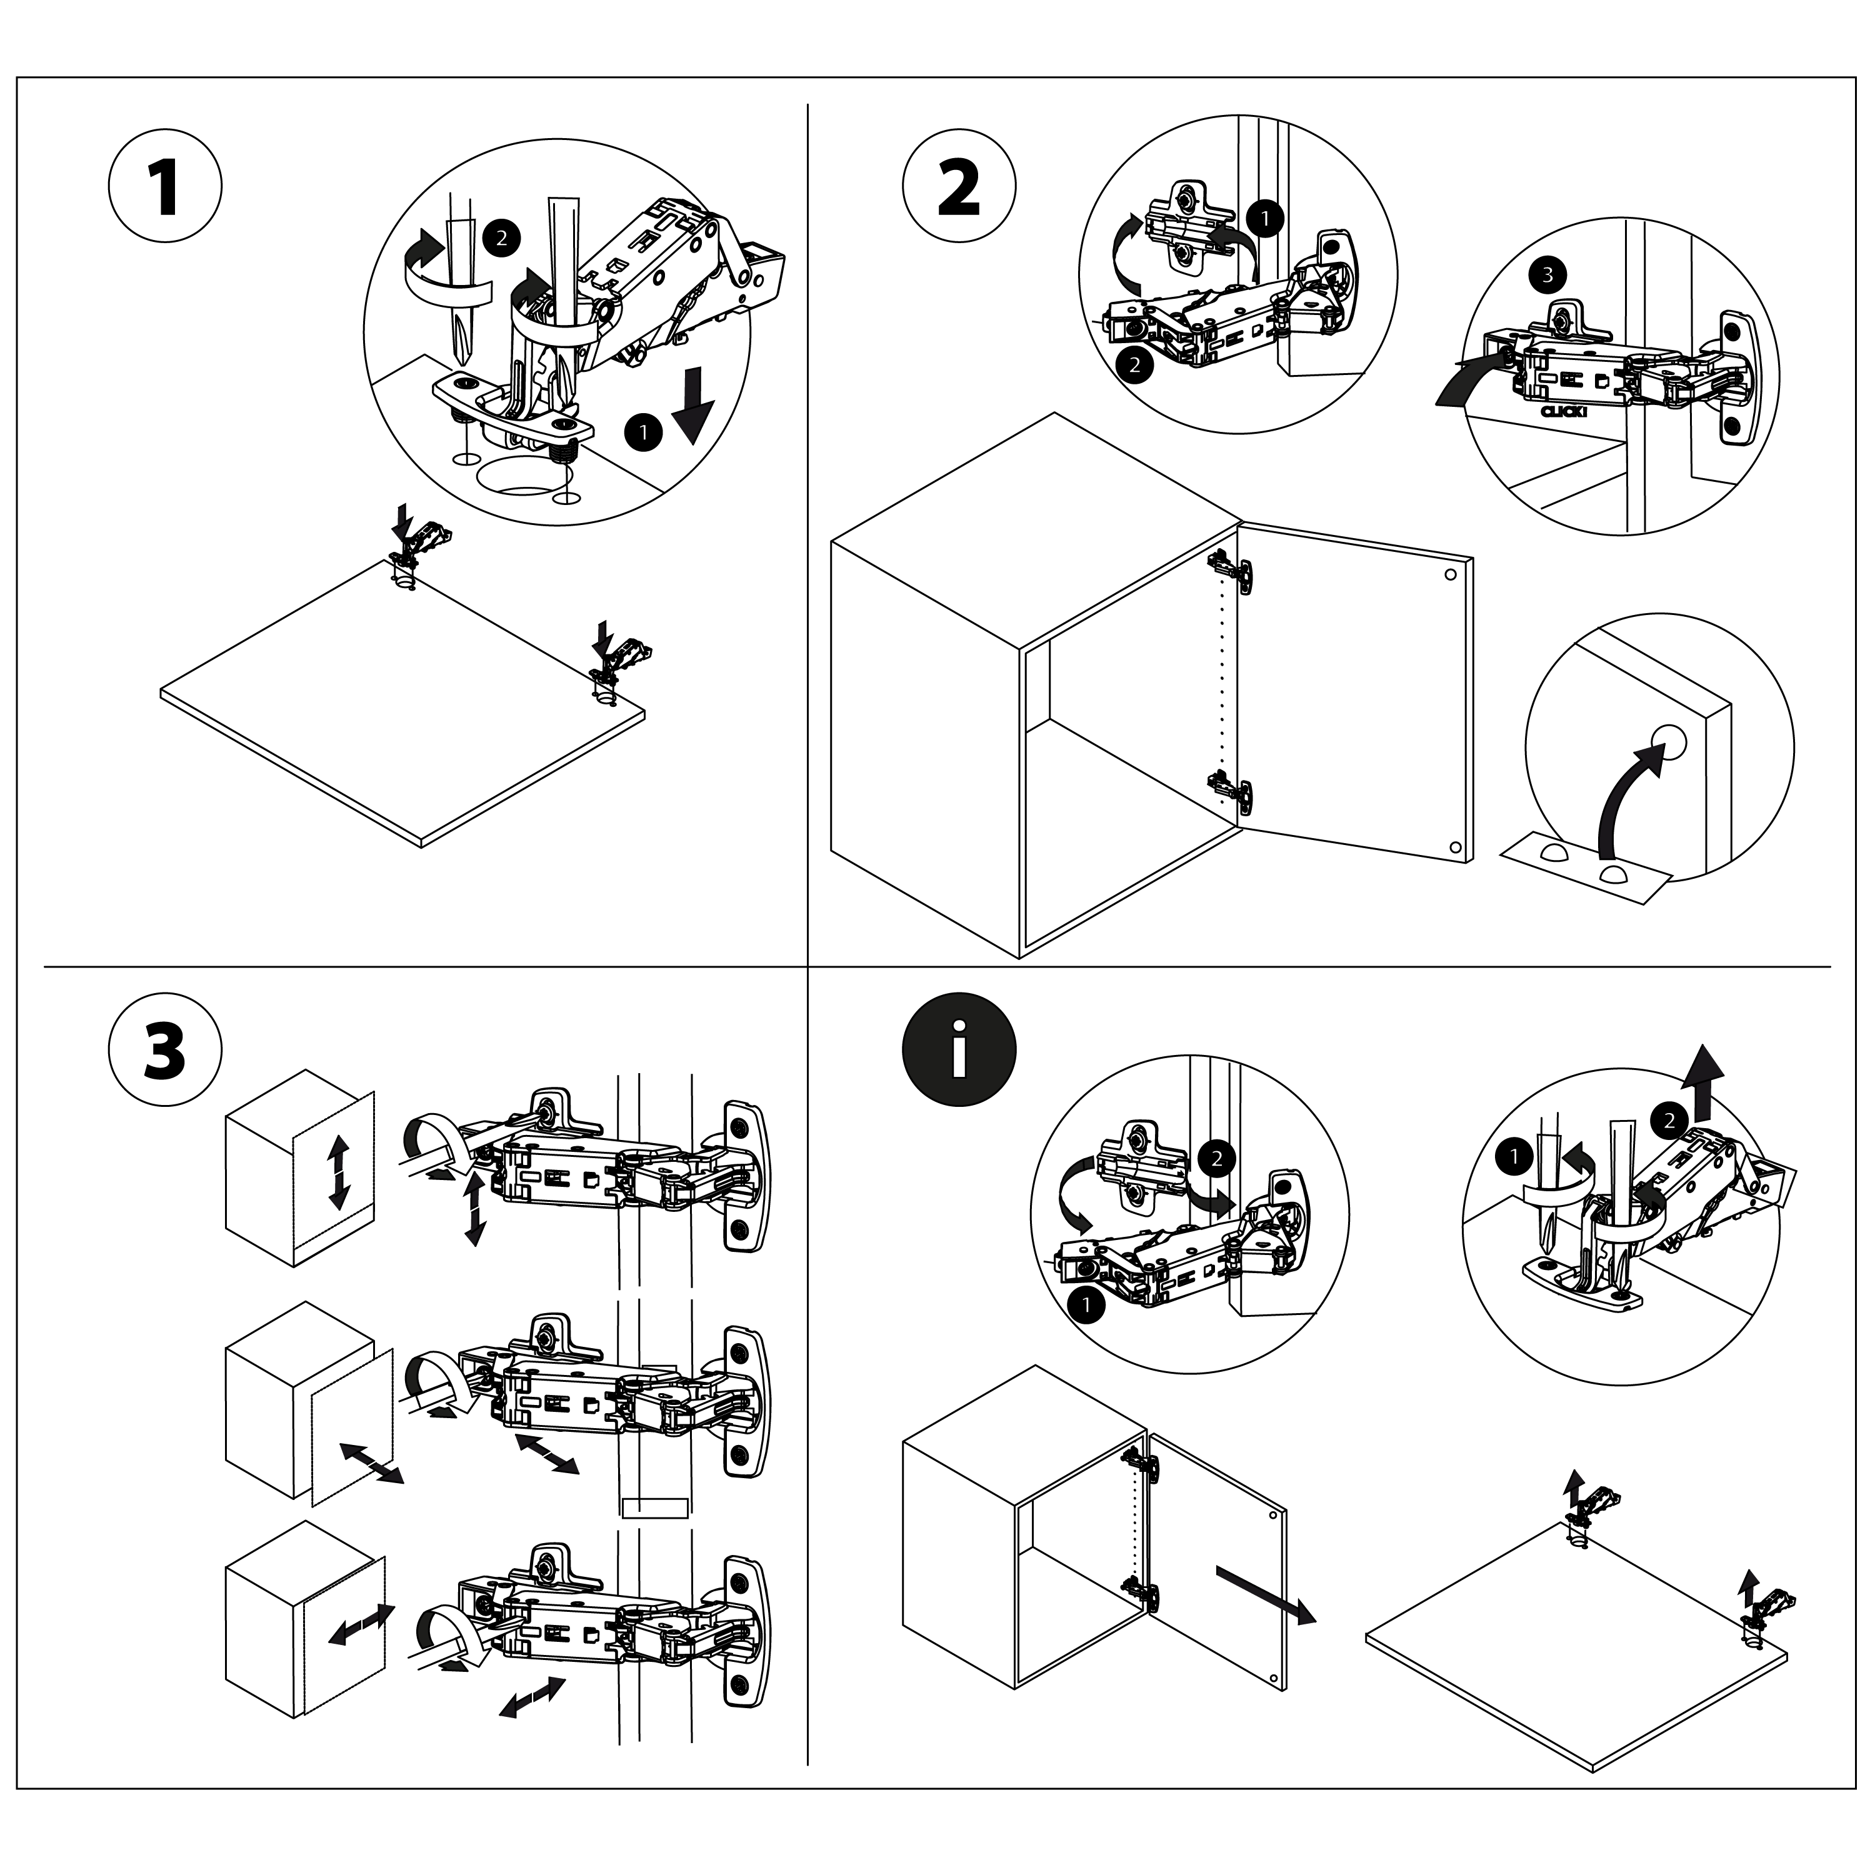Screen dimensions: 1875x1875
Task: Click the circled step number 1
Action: pos(165,186)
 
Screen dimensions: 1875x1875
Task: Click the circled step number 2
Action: pos(959,186)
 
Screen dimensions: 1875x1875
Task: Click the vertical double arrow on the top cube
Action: pos(337,1173)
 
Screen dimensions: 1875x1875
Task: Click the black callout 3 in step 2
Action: pos(1547,274)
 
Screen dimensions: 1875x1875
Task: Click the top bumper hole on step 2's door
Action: pos(1450,574)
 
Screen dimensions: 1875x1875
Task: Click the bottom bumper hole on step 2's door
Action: pos(1453,847)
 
